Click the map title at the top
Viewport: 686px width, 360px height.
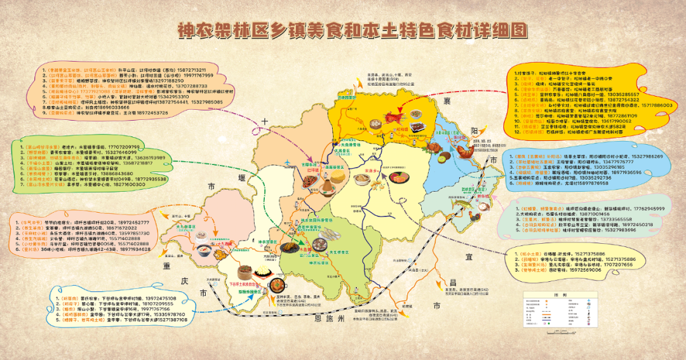342,30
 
